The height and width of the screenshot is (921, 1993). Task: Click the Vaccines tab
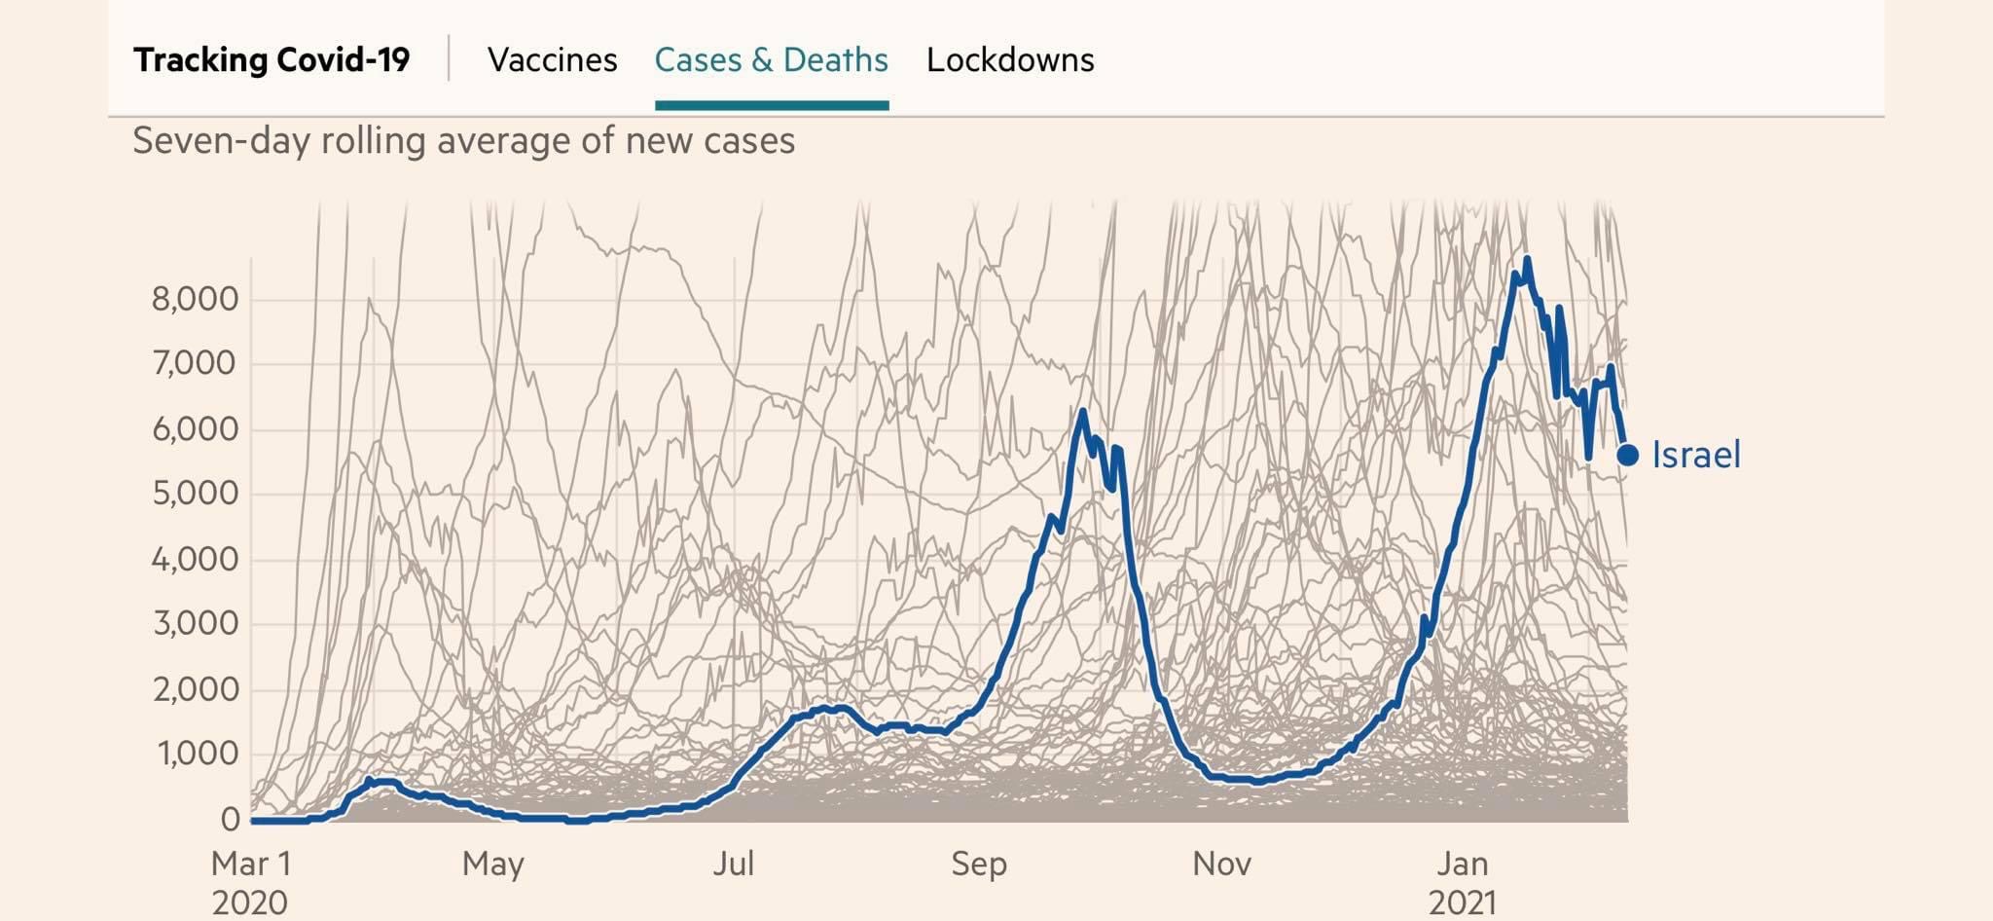(x=552, y=60)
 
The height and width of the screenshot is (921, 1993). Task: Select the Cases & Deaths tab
(x=771, y=60)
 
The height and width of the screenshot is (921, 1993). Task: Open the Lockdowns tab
(x=1010, y=60)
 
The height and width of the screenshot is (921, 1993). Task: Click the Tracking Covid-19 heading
(x=272, y=60)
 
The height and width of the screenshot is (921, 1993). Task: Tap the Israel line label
(x=1696, y=456)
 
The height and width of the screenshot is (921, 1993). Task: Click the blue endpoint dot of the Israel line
(x=1627, y=455)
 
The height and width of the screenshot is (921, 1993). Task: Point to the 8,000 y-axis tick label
(x=195, y=299)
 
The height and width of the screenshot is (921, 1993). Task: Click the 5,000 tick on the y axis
(x=195, y=494)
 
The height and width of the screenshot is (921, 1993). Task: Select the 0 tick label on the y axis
(x=230, y=820)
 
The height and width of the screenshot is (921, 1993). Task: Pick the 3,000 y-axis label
(x=195, y=624)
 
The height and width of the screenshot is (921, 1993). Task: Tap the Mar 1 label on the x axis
(x=251, y=864)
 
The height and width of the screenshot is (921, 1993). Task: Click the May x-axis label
(x=492, y=864)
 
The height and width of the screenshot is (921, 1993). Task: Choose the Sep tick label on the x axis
(x=979, y=864)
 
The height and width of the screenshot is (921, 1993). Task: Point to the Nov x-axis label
(x=1221, y=864)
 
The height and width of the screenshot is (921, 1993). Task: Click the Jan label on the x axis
(x=1463, y=864)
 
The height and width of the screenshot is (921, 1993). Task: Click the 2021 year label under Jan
(x=1463, y=903)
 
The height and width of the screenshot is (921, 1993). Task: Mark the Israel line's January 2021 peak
(x=1527, y=259)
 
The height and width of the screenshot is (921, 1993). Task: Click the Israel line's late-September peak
(x=1082, y=412)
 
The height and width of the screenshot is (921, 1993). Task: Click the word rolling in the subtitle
(x=374, y=141)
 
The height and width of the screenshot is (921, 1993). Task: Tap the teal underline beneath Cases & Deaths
(x=771, y=105)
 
